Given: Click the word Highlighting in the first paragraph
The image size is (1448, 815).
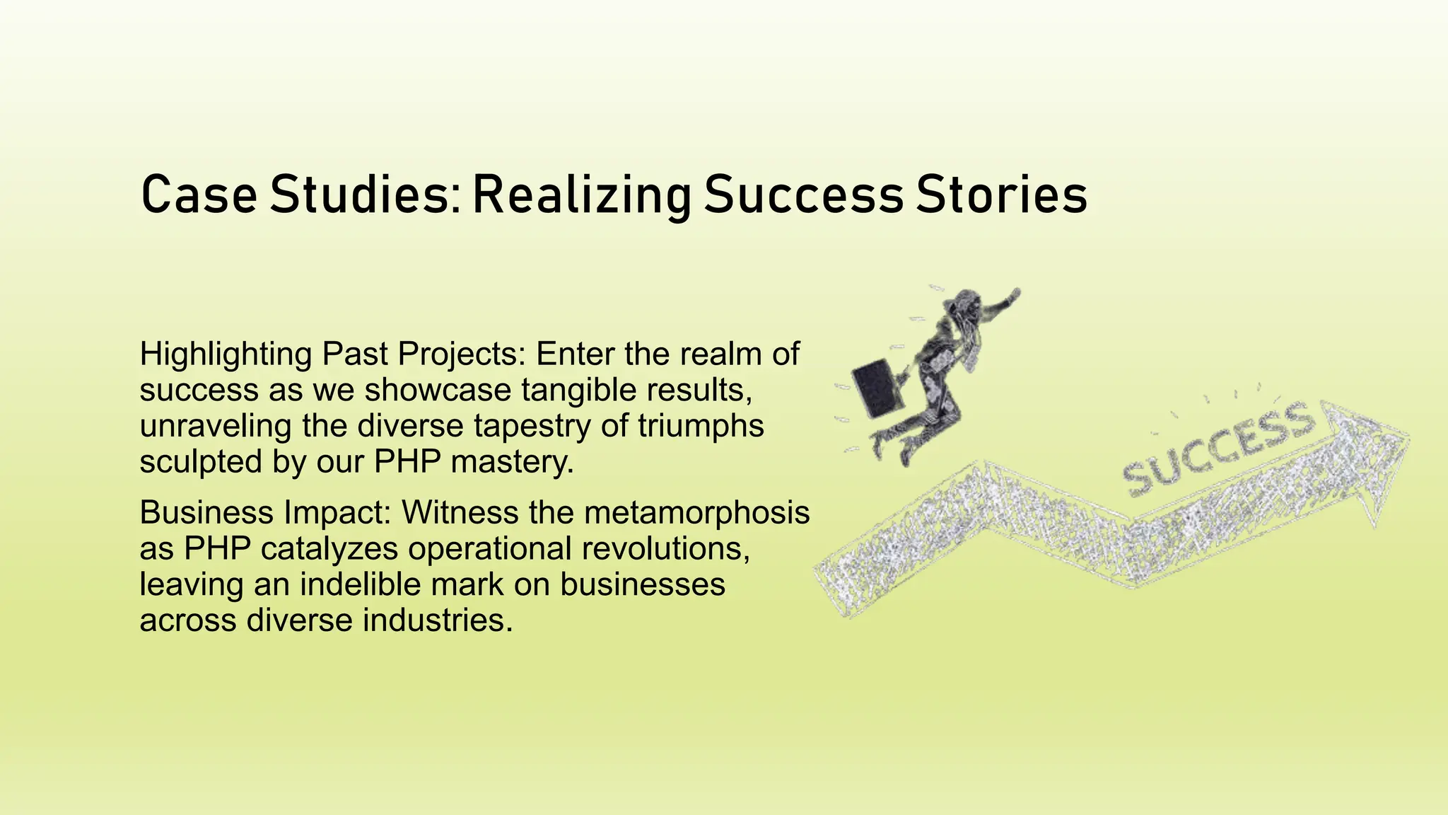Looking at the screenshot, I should click(x=226, y=354).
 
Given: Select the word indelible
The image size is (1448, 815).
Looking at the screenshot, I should click(x=366, y=584).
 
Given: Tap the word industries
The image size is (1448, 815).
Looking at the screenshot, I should click(x=437, y=620).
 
